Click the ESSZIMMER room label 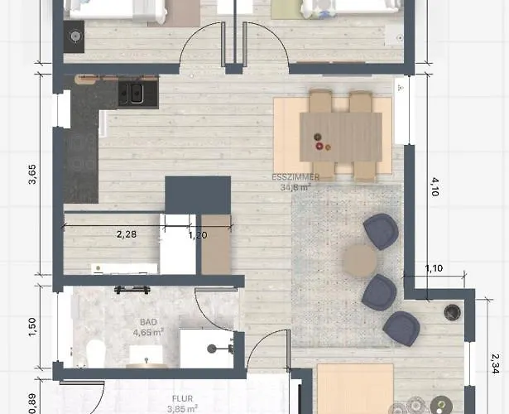click(x=295, y=177)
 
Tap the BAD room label click(x=148, y=322)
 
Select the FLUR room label click(x=182, y=398)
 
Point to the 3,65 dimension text click(x=32, y=175)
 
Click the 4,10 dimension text click(x=435, y=186)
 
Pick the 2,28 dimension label click(x=127, y=234)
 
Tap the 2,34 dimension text click(x=495, y=363)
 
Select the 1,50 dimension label click(x=32, y=327)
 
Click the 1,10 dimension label click(x=434, y=268)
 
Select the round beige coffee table click(x=360, y=261)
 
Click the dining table click(x=340, y=137)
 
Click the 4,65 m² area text click(x=148, y=332)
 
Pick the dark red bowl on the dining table click(x=319, y=147)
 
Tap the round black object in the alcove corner click(x=452, y=312)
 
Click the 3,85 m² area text click(x=182, y=408)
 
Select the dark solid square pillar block click(x=198, y=195)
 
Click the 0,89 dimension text click(x=32, y=403)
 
